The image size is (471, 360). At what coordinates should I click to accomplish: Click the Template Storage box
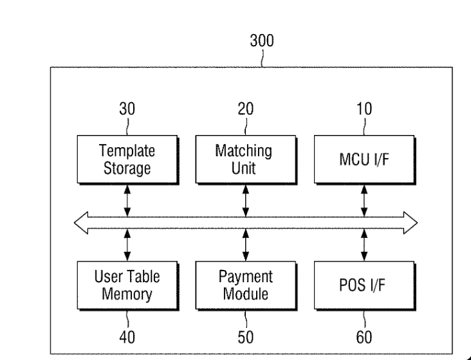pyautogui.click(x=128, y=159)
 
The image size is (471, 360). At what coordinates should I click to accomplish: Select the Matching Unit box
pyautogui.click(x=246, y=159)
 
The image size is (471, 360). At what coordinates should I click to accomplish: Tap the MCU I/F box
pyautogui.click(x=365, y=159)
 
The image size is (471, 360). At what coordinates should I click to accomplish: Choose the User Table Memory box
pyautogui.click(x=128, y=285)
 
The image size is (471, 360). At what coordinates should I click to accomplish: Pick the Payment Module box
pyautogui.click(x=246, y=285)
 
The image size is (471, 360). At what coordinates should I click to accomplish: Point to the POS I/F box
pyautogui.click(x=365, y=285)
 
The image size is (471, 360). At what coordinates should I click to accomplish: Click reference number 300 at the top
pyautogui.click(x=262, y=40)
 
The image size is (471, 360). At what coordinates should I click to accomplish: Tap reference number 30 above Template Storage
pyautogui.click(x=127, y=109)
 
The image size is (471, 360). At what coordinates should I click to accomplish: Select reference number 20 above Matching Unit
pyautogui.click(x=246, y=109)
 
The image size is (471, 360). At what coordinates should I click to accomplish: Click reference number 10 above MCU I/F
pyautogui.click(x=364, y=109)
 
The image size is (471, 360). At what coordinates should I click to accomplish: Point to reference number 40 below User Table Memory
pyautogui.click(x=127, y=337)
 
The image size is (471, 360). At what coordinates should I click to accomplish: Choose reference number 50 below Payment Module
pyautogui.click(x=246, y=337)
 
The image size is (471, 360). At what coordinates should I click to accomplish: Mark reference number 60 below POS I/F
pyautogui.click(x=364, y=337)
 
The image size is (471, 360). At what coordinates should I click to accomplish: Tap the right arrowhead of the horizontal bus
pyautogui.click(x=411, y=222)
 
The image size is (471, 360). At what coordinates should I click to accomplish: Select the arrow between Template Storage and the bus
pyautogui.click(x=127, y=201)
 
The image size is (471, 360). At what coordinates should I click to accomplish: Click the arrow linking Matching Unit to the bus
pyautogui.click(x=246, y=201)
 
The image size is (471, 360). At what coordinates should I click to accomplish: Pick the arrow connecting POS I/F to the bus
pyautogui.click(x=364, y=245)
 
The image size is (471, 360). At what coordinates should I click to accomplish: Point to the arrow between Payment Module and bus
pyautogui.click(x=246, y=245)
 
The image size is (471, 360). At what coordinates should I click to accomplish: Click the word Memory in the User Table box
pyautogui.click(x=127, y=294)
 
